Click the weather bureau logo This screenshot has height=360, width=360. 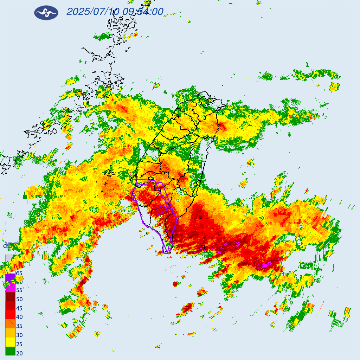[x=46, y=13]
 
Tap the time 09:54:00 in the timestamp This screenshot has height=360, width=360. [x=143, y=12]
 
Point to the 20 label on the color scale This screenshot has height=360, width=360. [x=19, y=353]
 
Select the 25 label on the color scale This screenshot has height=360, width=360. [x=19, y=344]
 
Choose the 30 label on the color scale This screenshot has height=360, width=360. [x=19, y=335]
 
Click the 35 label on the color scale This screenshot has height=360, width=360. [x=19, y=326]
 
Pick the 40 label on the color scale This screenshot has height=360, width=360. [x=19, y=317]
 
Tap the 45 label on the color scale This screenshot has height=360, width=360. [x=19, y=308]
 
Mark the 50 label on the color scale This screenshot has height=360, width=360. [x=19, y=299]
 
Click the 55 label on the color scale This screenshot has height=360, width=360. [x=19, y=290]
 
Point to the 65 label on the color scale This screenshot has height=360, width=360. [x=19, y=273]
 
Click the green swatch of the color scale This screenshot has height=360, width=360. [x=10, y=351]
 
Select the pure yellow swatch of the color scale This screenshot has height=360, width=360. [x=10, y=342]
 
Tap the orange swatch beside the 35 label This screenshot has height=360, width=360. [x=10, y=324]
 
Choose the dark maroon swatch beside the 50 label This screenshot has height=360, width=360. [x=10, y=297]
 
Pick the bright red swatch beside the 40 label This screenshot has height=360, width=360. [x=10, y=315]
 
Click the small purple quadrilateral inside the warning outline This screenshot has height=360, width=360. [x=161, y=211]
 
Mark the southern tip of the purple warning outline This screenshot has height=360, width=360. [x=167, y=252]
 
